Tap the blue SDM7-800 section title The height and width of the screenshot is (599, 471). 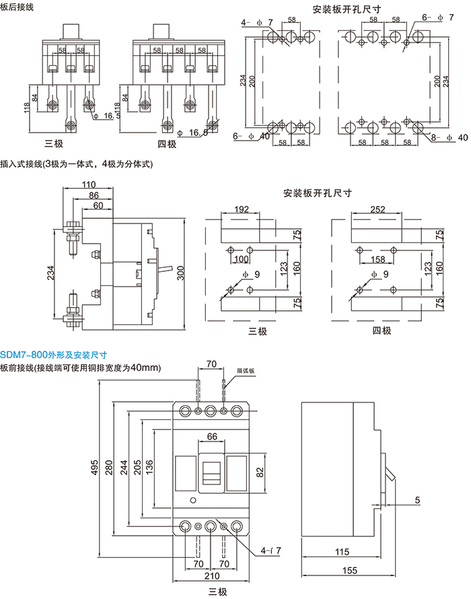[54, 354]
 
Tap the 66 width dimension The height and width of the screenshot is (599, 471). [211, 437]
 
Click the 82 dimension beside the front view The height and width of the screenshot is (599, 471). [260, 474]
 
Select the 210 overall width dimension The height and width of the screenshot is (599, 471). [211, 576]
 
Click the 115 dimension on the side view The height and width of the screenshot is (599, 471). [341, 552]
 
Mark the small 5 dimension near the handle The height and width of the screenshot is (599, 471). [416, 499]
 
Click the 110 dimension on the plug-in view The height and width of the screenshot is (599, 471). [88, 186]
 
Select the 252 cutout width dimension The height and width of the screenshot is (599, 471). [377, 210]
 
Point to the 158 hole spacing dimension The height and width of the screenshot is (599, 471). [377, 258]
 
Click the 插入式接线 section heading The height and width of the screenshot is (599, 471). [77, 164]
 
